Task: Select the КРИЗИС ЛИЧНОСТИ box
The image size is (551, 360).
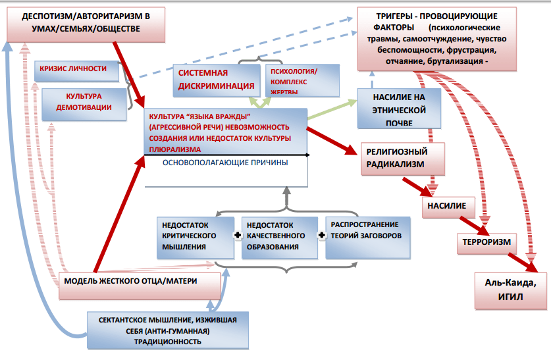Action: [78, 69]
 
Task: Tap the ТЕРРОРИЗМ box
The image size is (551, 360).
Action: [486, 242]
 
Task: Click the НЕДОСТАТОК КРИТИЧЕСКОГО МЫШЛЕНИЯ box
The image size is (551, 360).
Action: [195, 236]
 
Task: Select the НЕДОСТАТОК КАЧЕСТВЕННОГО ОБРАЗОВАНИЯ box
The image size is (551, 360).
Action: [279, 236]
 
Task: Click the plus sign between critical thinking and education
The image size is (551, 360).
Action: [236, 234]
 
